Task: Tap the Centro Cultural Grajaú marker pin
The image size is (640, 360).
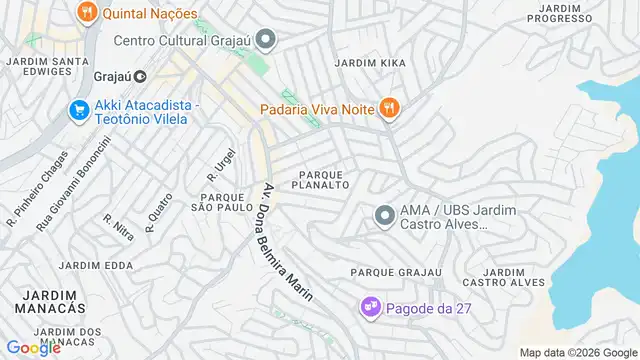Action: [265, 41]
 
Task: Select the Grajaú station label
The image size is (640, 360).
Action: [113, 76]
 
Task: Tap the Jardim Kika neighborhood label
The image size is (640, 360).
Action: [371, 62]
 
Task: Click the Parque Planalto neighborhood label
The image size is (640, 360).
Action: [320, 179]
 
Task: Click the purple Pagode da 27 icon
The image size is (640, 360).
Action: [370, 306]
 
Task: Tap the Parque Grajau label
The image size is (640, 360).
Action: [396, 272]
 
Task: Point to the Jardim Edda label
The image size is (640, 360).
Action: [95, 265]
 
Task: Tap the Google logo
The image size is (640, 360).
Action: [34, 347]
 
